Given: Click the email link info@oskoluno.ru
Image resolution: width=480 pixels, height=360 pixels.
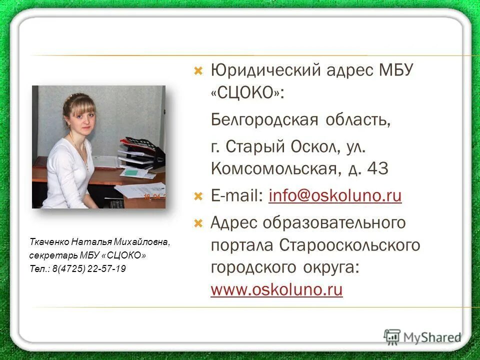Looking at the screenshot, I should click(335, 196).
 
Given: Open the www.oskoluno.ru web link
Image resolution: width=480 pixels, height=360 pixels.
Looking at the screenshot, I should click(276, 290).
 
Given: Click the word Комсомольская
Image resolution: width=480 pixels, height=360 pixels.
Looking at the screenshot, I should click(272, 169).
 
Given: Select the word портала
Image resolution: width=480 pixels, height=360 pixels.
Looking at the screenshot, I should click(242, 245).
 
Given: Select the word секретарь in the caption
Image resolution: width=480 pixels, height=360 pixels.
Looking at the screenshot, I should click(48, 256).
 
